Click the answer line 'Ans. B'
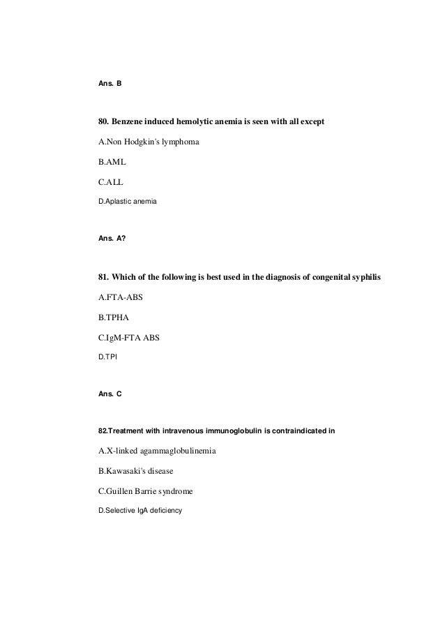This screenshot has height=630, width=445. click(x=111, y=84)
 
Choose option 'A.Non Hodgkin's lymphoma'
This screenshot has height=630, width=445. click(x=149, y=142)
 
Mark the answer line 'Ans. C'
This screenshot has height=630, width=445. click(x=111, y=393)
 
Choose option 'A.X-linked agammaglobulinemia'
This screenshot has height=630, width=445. click(x=157, y=451)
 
